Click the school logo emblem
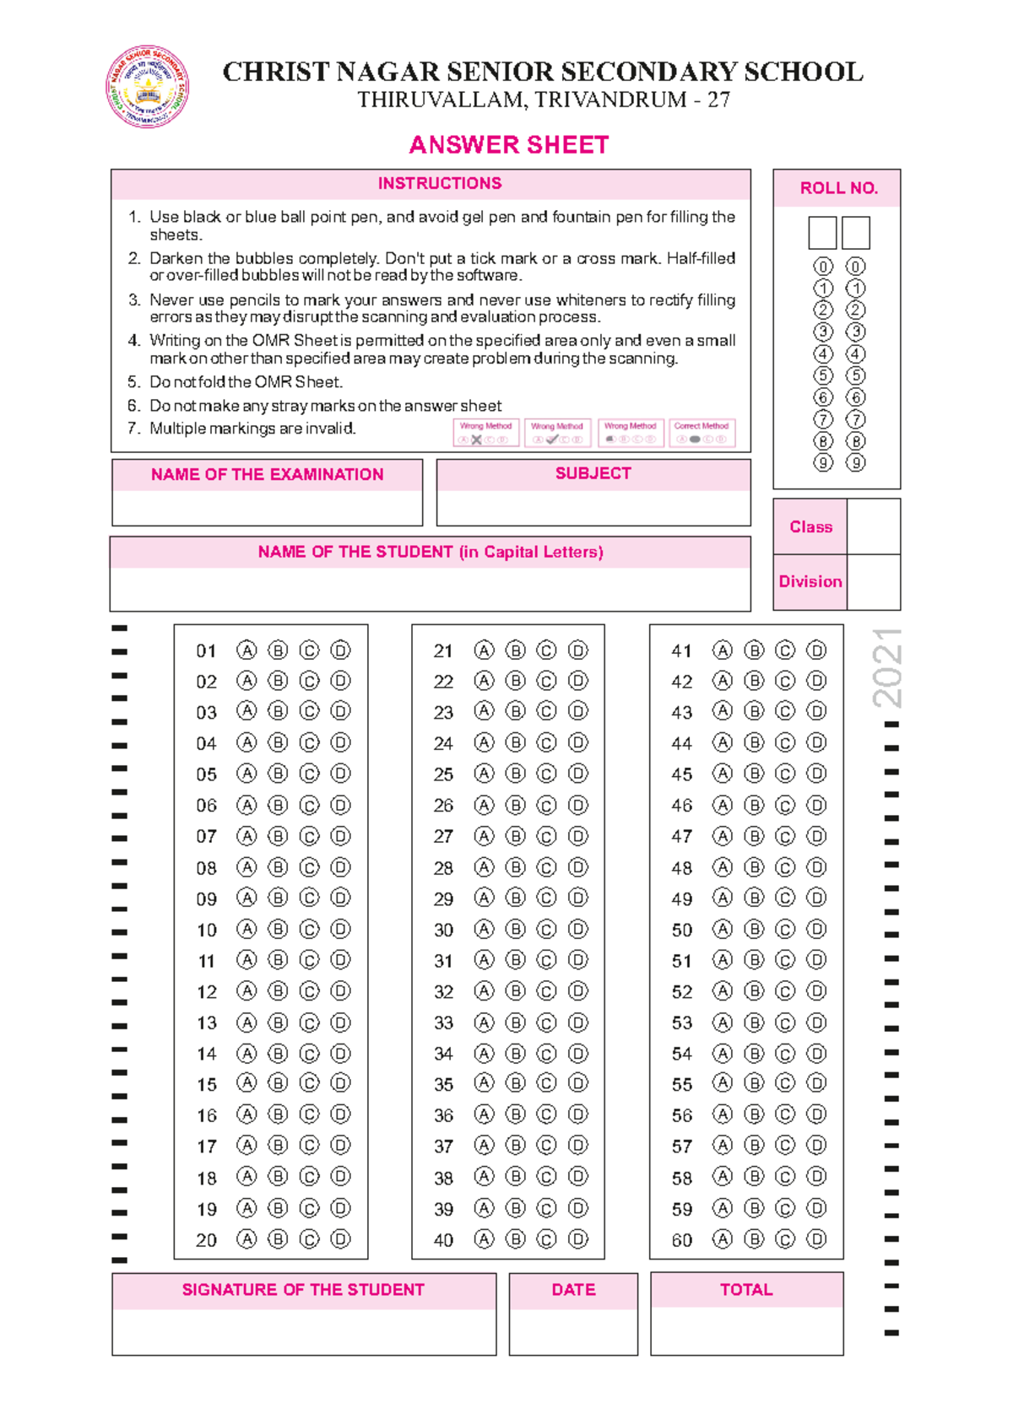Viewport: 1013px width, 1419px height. tap(147, 87)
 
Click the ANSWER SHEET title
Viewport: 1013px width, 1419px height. tap(508, 145)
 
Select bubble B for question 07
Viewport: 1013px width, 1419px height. tap(278, 836)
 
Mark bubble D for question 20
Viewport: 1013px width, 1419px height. tap(340, 1239)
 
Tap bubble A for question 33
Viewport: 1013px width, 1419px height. tap(484, 1022)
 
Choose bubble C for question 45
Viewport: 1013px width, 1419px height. tap(785, 774)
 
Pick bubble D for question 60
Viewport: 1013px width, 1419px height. tap(816, 1239)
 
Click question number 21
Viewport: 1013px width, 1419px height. tap(443, 651)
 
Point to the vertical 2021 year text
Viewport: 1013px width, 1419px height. tap(888, 667)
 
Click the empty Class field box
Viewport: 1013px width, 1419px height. tap(873, 526)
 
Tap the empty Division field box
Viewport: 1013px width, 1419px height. tap(873, 582)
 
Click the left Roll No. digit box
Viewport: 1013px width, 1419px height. tap(822, 233)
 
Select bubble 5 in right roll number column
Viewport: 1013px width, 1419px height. tap(855, 375)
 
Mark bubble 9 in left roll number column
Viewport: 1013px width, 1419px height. tap(823, 462)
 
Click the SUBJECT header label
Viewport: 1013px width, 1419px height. tap(593, 473)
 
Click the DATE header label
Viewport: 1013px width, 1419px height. tap(573, 1289)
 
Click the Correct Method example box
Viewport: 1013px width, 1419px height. tap(702, 433)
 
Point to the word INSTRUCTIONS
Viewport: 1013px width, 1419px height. tap(439, 183)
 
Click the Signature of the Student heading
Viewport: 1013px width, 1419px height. tap(303, 1289)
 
